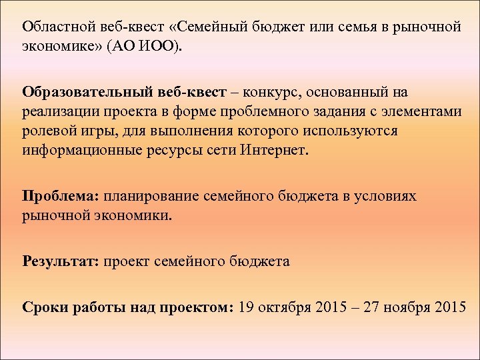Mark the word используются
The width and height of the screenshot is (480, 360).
pyautogui.click(x=343, y=131)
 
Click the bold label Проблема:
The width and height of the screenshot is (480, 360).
pyautogui.click(x=61, y=197)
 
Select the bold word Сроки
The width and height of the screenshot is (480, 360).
pyautogui.click(x=43, y=307)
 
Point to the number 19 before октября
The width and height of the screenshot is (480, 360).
pyautogui.click(x=245, y=307)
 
